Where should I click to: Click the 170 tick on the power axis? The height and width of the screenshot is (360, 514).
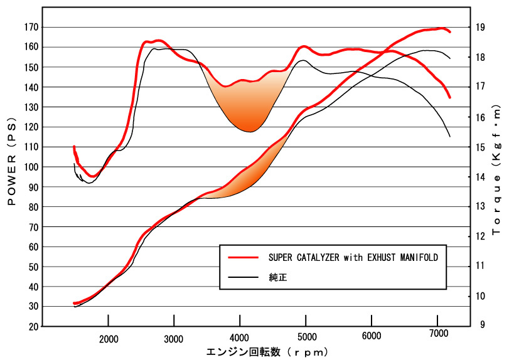tap(31, 28)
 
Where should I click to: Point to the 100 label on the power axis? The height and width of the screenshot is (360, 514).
tap(31, 167)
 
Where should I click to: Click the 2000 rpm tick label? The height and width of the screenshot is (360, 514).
tap(109, 339)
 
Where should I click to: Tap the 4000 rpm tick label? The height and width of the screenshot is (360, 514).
tap(240, 339)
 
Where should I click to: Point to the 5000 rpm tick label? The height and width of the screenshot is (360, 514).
tap(306, 339)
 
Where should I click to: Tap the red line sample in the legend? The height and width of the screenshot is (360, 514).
tap(244, 257)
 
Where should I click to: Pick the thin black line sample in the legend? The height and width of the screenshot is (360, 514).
tap(244, 276)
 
